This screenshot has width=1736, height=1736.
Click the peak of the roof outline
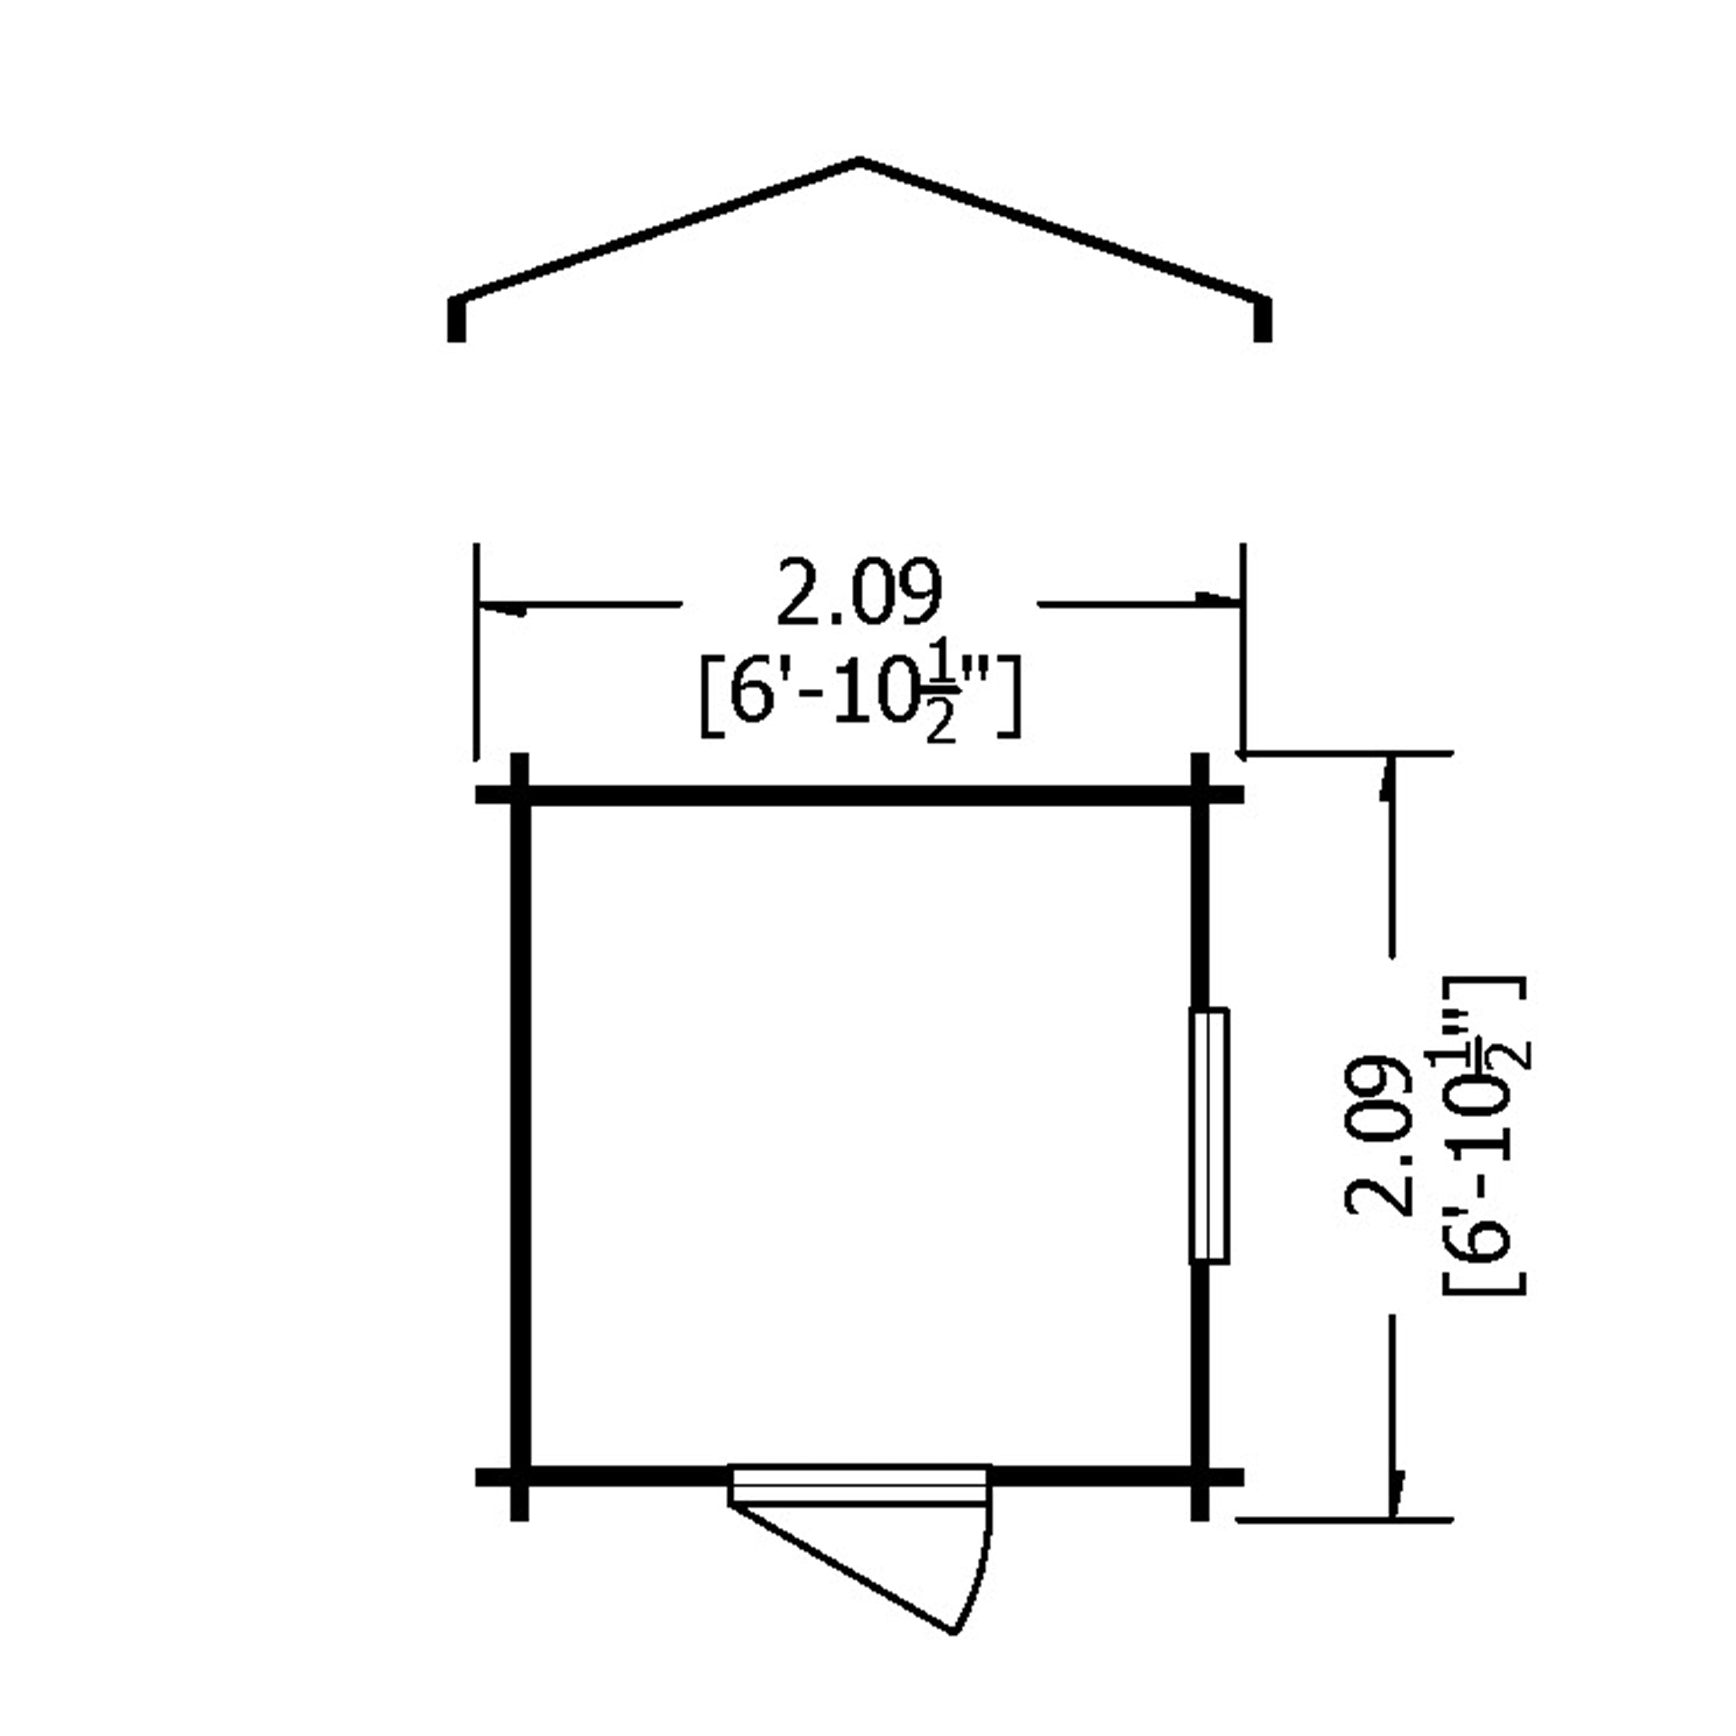click(x=860, y=161)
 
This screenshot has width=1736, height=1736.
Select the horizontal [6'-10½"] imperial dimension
click(x=860, y=701)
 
